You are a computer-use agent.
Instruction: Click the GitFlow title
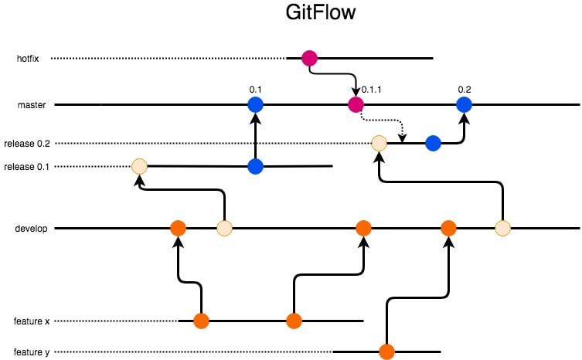pos(320,12)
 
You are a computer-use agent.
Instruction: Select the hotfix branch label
pos(28,59)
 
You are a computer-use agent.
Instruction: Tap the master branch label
pos(32,105)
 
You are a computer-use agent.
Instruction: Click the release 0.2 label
pos(27,144)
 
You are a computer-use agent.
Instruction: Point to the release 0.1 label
pos(27,167)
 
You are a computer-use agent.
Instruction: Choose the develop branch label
pos(31,229)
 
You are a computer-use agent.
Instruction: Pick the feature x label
pos(32,321)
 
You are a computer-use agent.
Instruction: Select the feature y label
pos(32,352)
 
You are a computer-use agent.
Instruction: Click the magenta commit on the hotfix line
pos(309,58)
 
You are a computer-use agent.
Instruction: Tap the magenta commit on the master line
pos(356,104)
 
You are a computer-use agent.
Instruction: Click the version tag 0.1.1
pos(371,90)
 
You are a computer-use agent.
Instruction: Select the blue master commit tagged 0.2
pos(464,104)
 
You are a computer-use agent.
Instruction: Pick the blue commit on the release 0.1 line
pos(255,166)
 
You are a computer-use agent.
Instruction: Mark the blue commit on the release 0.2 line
pos(433,143)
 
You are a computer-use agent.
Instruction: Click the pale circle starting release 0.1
pos(139,166)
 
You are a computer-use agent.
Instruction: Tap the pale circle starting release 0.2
pos(379,143)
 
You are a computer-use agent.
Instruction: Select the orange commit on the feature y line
pos(386,352)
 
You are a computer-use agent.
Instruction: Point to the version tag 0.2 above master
pos(465,90)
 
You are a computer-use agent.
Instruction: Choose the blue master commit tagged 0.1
pos(255,104)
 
